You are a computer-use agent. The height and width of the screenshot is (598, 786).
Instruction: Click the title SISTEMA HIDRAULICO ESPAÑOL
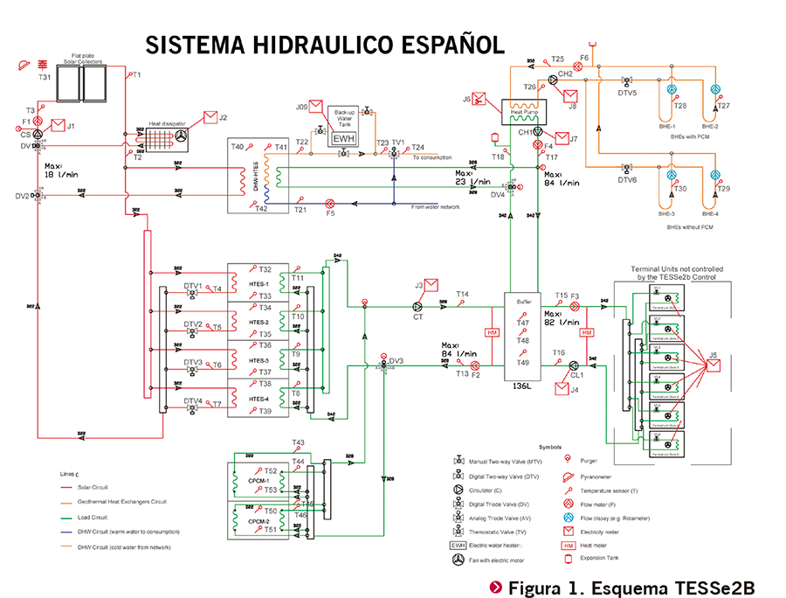click(x=325, y=45)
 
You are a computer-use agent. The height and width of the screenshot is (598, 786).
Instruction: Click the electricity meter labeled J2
click(x=210, y=118)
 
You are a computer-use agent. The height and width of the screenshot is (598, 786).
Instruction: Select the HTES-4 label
click(x=259, y=399)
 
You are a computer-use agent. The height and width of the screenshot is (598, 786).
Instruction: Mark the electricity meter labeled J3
click(x=431, y=284)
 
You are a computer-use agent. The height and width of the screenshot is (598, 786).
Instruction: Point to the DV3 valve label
click(x=397, y=359)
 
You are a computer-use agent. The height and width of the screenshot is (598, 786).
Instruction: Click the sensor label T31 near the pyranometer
click(x=45, y=78)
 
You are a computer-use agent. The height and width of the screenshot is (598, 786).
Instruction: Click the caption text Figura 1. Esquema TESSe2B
click(x=630, y=585)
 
